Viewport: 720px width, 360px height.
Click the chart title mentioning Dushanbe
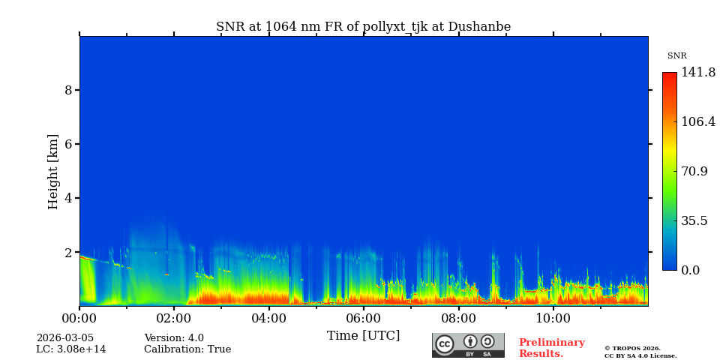pyautogui.click(x=363, y=27)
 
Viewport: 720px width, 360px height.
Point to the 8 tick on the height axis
pyautogui.click(x=68, y=90)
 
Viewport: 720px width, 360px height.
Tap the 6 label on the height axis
pyautogui.click(x=68, y=144)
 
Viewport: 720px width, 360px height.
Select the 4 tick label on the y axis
pyautogui.click(x=68, y=198)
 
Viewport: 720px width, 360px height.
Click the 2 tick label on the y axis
pyautogui.click(x=68, y=253)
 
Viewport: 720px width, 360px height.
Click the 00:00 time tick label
pyautogui.click(x=79, y=318)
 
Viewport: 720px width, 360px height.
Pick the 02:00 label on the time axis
pyautogui.click(x=174, y=318)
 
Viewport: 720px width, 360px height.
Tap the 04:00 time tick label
pyautogui.click(x=268, y=318)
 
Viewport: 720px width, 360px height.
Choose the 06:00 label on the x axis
pyautogui.click(x=363, y=318)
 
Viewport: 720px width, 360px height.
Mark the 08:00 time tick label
pyautogui.click(x=458, y=318)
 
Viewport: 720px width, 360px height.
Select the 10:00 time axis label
pyautogui.click(x=553, y=318)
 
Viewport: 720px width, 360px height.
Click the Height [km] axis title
pyautogui.click(x=53, y=171)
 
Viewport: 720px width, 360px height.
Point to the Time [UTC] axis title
pyautogui.click(x=363, y=335)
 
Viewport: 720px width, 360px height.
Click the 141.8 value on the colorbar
pyautogui.click(x=698, y=73)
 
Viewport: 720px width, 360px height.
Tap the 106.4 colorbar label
pyautogui.click(x=698, y=121)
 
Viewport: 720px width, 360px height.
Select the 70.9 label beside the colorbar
pyautogui.click(x=694, y=171)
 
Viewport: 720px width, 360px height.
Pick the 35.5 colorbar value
pyautogui.click(x=694, y=220)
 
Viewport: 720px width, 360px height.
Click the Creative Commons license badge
pyautogui.click(x=468, y=345)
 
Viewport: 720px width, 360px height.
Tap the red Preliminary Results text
pyautogui.click(x=551, y=348)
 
